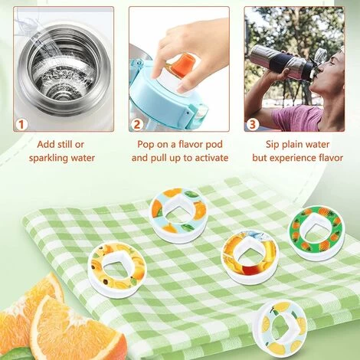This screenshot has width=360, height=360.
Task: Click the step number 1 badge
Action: [21, 125]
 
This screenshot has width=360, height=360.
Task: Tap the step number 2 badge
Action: [137, 125]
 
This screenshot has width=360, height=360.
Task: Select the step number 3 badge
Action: [253, 125]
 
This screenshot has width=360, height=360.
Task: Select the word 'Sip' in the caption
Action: [273, 145]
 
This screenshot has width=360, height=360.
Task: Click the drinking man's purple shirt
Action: [297, 118]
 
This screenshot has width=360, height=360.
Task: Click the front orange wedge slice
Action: [78, 329]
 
